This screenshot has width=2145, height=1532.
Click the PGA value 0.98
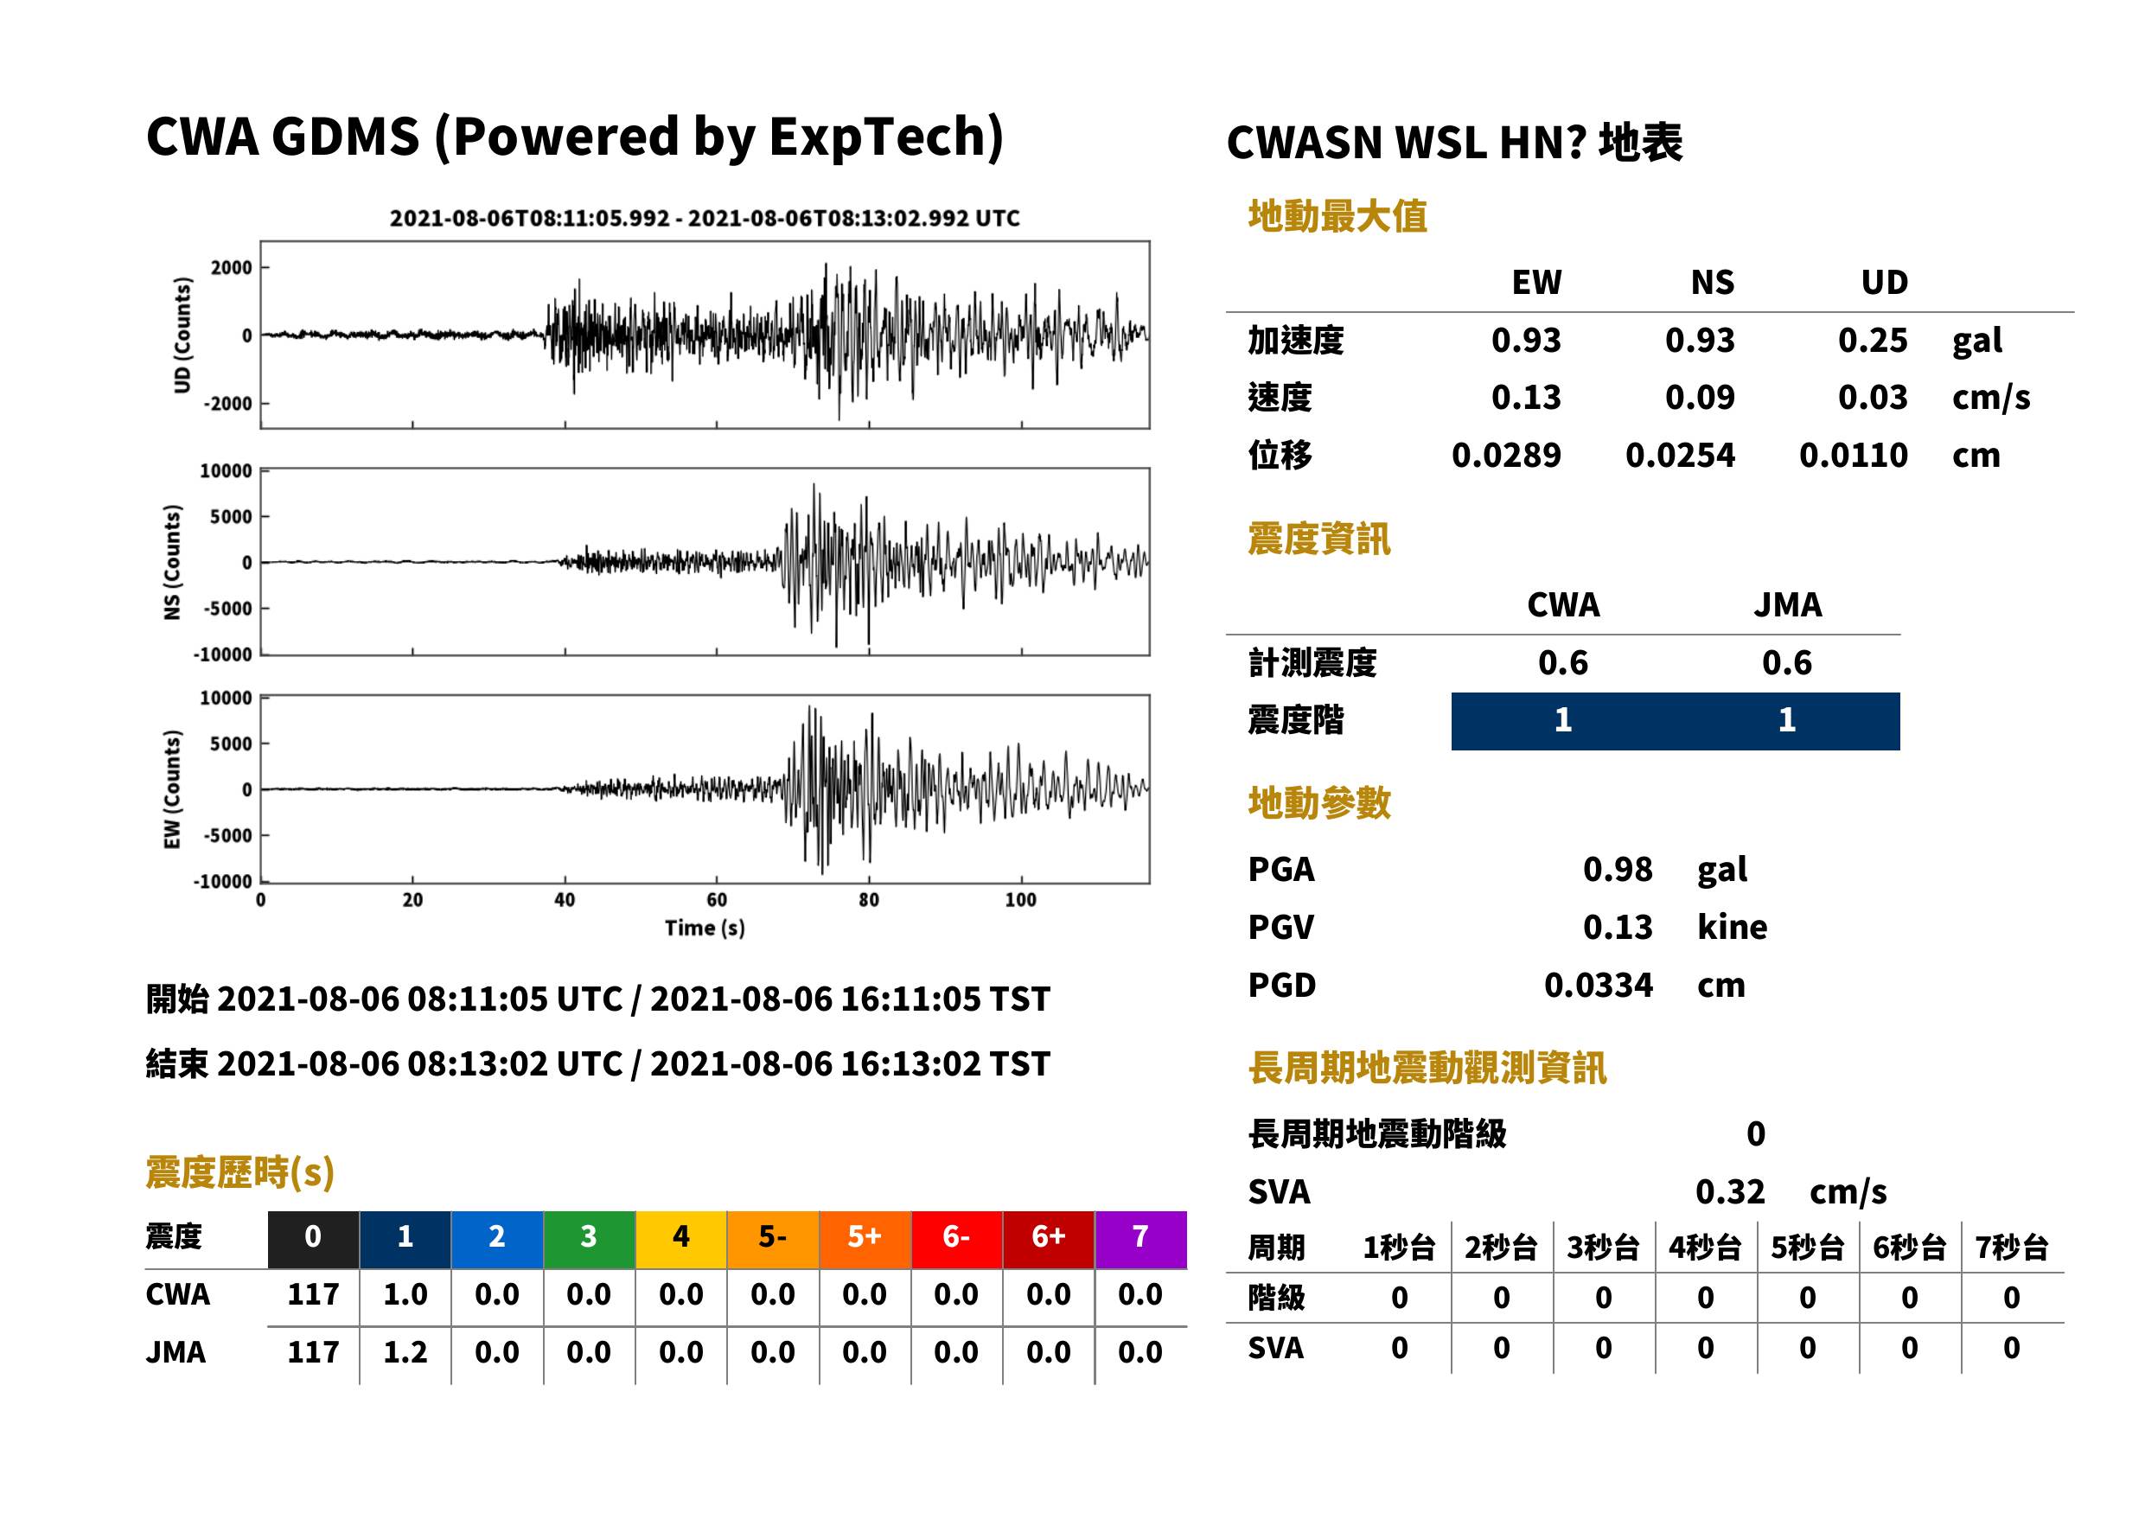click(1617, 869)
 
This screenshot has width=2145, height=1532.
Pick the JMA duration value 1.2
click(405, 1353)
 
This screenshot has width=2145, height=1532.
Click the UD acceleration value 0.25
click(1873, 340)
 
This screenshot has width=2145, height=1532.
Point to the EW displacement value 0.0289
click(1506, 456)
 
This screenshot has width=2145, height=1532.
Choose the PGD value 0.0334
click(1598, 985)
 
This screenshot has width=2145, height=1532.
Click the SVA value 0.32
click(1729, 1191)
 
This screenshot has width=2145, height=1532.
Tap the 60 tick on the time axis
click(717, 900)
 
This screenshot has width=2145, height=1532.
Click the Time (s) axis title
click(705, 929)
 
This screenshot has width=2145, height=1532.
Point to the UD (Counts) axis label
click(182, 335)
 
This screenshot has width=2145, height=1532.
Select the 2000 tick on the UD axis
click(231, 268)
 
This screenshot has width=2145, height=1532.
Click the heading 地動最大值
click(1337, 216)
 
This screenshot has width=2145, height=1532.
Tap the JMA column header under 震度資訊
click(1788, 604)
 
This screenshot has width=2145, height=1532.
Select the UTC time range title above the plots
click(705, 218)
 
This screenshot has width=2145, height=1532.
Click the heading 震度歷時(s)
click(239, 1172)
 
